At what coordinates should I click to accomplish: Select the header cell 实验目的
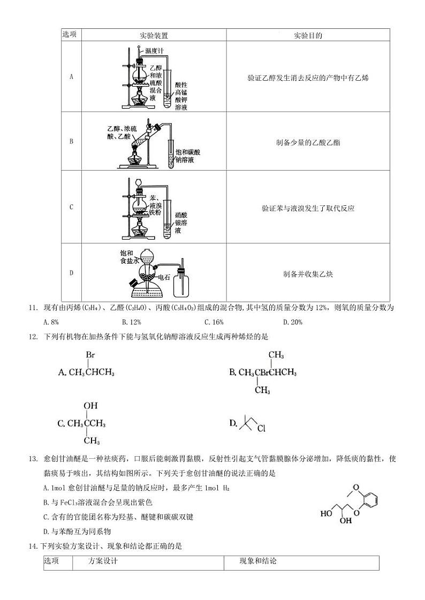click(x=308, y=35)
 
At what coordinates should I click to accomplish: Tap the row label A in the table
click(x=71, y=76)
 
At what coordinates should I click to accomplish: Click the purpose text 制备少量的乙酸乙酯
click(x=308, y=142)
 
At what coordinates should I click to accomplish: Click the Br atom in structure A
click(x=90, y=355)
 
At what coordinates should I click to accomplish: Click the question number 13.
click(x=32, y=459)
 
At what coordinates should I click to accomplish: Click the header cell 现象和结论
click(x=259, y=561)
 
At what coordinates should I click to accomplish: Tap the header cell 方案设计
click(x=103, y=561)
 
